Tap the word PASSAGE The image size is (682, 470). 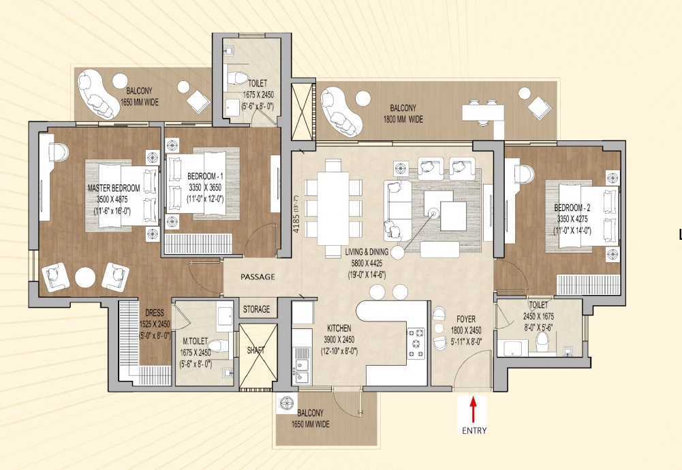(x=258, y=277)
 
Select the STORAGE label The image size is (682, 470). (x=256, y=309)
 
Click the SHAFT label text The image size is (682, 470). (x=255, y=350)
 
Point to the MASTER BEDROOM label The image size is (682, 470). (x=114, y=188)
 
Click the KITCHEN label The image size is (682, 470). (x=339, y=328)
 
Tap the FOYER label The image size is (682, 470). (x=466, y=319)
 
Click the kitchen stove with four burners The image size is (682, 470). (x=416, y=343)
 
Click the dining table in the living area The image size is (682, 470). (x=333, y=208)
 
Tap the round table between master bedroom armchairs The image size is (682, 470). (x=84, y=277)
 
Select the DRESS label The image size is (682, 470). (x=155, y=313)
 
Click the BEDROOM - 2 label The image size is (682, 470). (x=572, y=208)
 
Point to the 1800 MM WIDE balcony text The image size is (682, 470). (x=403, y=119)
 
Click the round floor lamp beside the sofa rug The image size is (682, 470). (x=397, y=252)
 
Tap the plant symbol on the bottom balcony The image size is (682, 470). (x=288, y=404)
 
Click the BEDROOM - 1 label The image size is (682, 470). (x=205, y=176)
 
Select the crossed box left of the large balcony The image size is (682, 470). (x=302, y=112)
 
